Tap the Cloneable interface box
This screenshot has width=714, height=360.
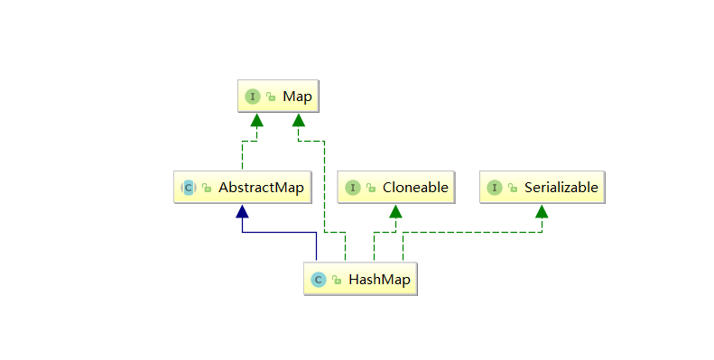tap(394, 188)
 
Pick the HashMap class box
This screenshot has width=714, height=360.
tap(361, 280)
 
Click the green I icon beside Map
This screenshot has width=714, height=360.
tap(253, 96)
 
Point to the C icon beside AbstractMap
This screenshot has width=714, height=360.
tap(189, 188)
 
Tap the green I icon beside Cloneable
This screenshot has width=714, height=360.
tap(352, 188)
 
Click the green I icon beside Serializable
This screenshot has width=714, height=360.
tap(494, 188)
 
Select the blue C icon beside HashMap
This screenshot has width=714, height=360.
tap(318, 280)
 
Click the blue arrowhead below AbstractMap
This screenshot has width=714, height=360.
tap(241, 211)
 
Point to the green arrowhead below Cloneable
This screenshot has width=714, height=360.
tap(395, 211)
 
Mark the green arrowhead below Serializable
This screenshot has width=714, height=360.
tap(541, 211)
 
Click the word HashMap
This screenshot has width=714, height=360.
tap(379, 280)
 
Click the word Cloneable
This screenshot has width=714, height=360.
tap(414, 188)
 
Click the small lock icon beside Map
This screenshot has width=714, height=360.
tap(270, 97)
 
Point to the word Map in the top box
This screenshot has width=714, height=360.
tap(296, 96)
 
